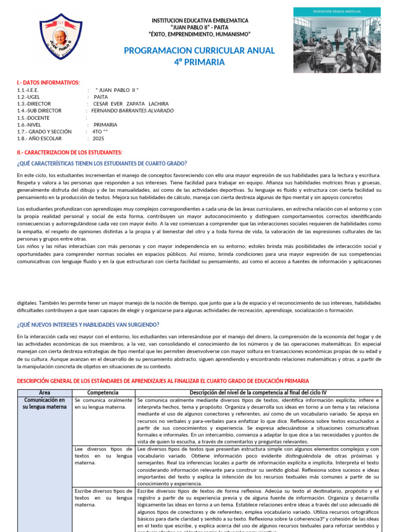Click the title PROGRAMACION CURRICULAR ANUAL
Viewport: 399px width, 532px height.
(x=199, y=50)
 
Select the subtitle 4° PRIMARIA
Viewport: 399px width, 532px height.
(x=199, y=62)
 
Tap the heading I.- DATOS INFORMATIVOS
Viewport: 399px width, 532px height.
(x=48, y=83)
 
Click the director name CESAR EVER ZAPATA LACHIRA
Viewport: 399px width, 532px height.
(x=135, y=103)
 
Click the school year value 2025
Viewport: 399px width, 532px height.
(x=99, y=139)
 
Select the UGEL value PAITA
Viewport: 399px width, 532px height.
(x=101, y=97)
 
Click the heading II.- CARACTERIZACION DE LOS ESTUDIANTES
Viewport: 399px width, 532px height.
(x=70, y=152)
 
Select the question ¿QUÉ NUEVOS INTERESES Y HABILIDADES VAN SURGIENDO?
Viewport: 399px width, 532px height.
(x=88, y=325)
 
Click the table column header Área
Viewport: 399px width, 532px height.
(x=45, y=393)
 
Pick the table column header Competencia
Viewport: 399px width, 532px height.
(x=103, y=393)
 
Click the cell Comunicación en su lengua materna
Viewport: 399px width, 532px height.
(x=45, y=404)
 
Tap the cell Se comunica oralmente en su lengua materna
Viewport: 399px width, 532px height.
(x=103, y=404)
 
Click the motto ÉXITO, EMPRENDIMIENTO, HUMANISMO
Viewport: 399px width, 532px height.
(x=199, y=34)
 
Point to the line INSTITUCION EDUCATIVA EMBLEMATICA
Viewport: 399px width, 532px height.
(x=199, y=21)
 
